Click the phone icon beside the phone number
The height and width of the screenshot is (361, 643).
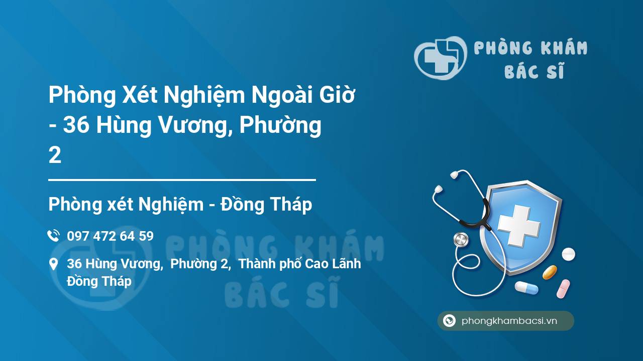53,236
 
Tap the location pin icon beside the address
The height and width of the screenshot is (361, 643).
53,264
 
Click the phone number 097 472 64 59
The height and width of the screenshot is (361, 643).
110,236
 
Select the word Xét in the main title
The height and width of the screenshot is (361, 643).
140,95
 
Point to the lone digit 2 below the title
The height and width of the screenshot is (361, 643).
55,155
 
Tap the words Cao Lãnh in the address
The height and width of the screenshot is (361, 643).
333,264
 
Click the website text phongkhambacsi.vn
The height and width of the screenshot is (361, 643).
509,320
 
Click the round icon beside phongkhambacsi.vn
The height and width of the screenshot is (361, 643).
449,320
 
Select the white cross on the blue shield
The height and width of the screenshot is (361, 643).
519,226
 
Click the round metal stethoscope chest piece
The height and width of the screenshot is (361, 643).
461,240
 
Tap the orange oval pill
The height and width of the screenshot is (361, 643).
550,272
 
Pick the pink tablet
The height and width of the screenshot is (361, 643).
563,288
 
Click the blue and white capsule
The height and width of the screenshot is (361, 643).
526,288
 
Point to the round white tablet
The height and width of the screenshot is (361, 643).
568,254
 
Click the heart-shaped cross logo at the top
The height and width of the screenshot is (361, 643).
441,58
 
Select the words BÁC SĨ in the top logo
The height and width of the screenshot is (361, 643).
534,71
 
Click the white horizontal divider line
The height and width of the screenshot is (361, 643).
182,180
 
